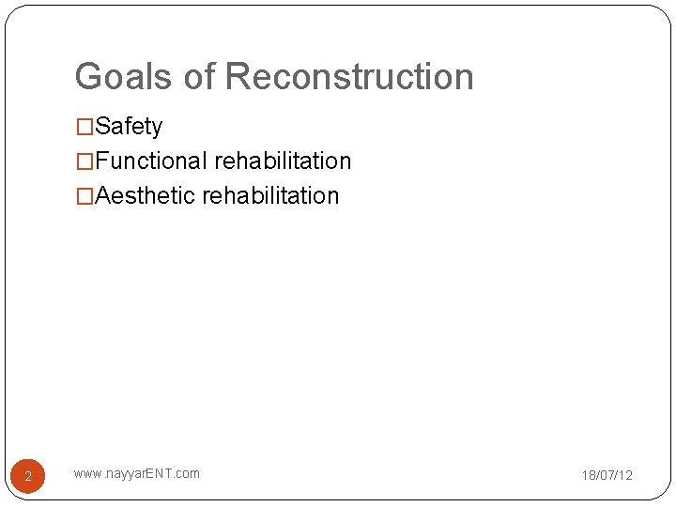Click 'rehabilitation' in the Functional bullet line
pos(283,161)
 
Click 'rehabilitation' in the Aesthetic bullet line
pos(270,196)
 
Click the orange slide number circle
pos(28,476)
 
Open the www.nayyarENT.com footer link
pos(136,473)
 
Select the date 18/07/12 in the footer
pos(607,476)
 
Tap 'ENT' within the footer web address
pos(161,473)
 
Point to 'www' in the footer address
pos(85,473)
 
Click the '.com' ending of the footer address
pos(186,473)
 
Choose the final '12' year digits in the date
pos(625,476)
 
